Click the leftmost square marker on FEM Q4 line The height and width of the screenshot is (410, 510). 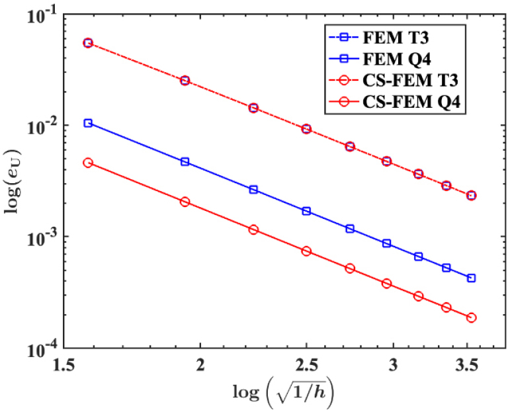(x=88, y=123)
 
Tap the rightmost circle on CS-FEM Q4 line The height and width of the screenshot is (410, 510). (x=472, y=317)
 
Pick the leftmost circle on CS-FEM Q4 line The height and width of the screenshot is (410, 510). (x=88, y=163)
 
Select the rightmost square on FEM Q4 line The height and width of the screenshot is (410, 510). (x=472, y=278)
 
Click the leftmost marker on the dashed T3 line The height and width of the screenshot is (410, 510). (x=88, y=43)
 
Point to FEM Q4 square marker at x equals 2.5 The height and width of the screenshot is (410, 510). (x=306, y=211)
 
